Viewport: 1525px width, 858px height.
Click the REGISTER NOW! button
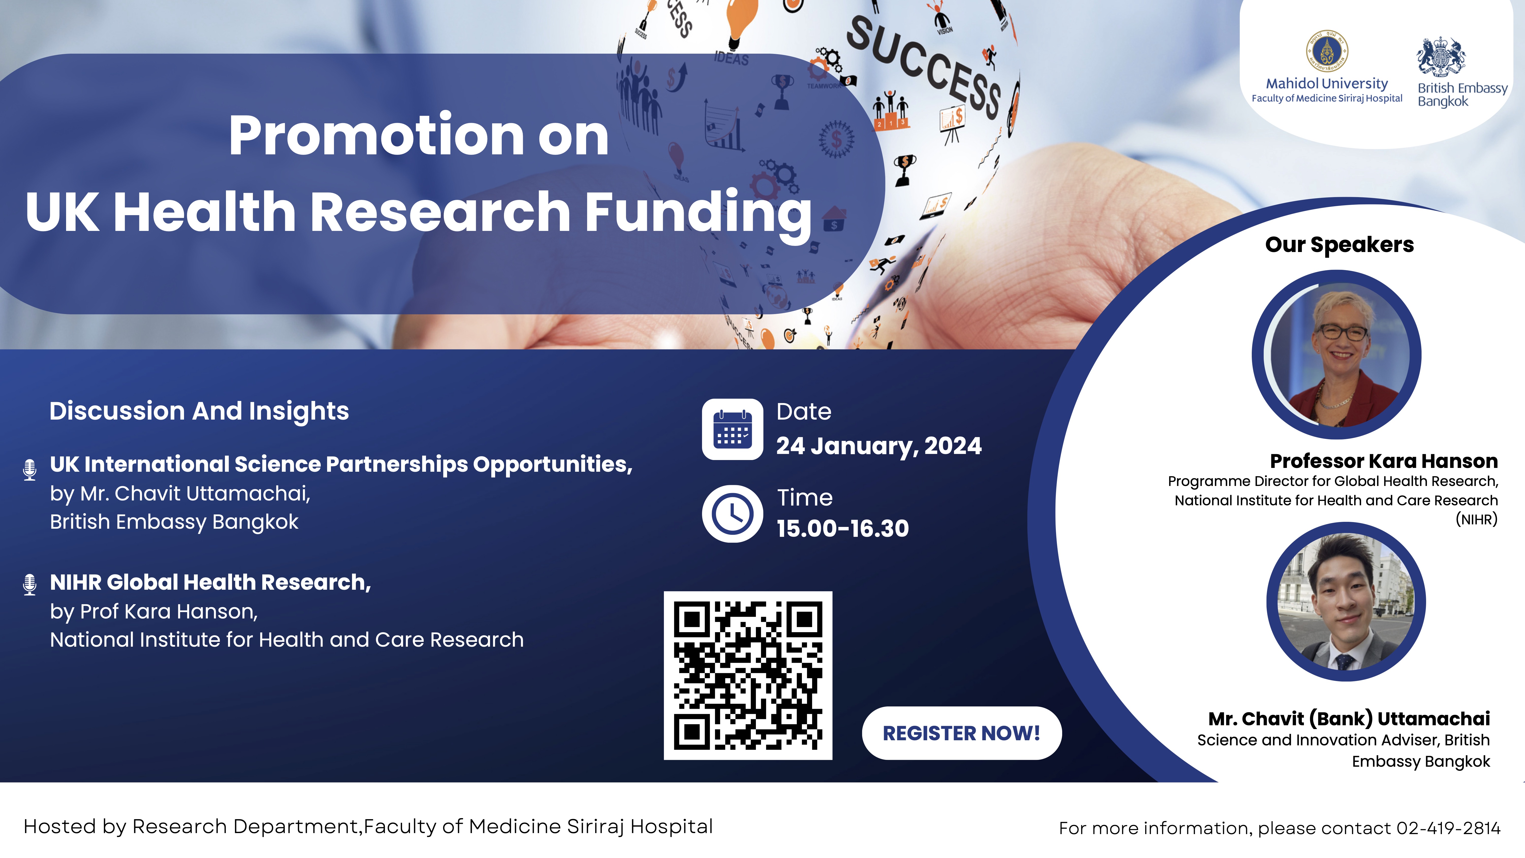[962, 733]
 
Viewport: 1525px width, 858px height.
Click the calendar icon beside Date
[732, 429]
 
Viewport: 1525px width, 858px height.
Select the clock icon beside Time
[732, 513]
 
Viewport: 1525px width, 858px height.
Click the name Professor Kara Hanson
[1383, 461]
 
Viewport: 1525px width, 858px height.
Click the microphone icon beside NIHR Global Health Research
[29, 584]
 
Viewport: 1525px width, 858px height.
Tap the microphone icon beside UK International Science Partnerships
[29, 470]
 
